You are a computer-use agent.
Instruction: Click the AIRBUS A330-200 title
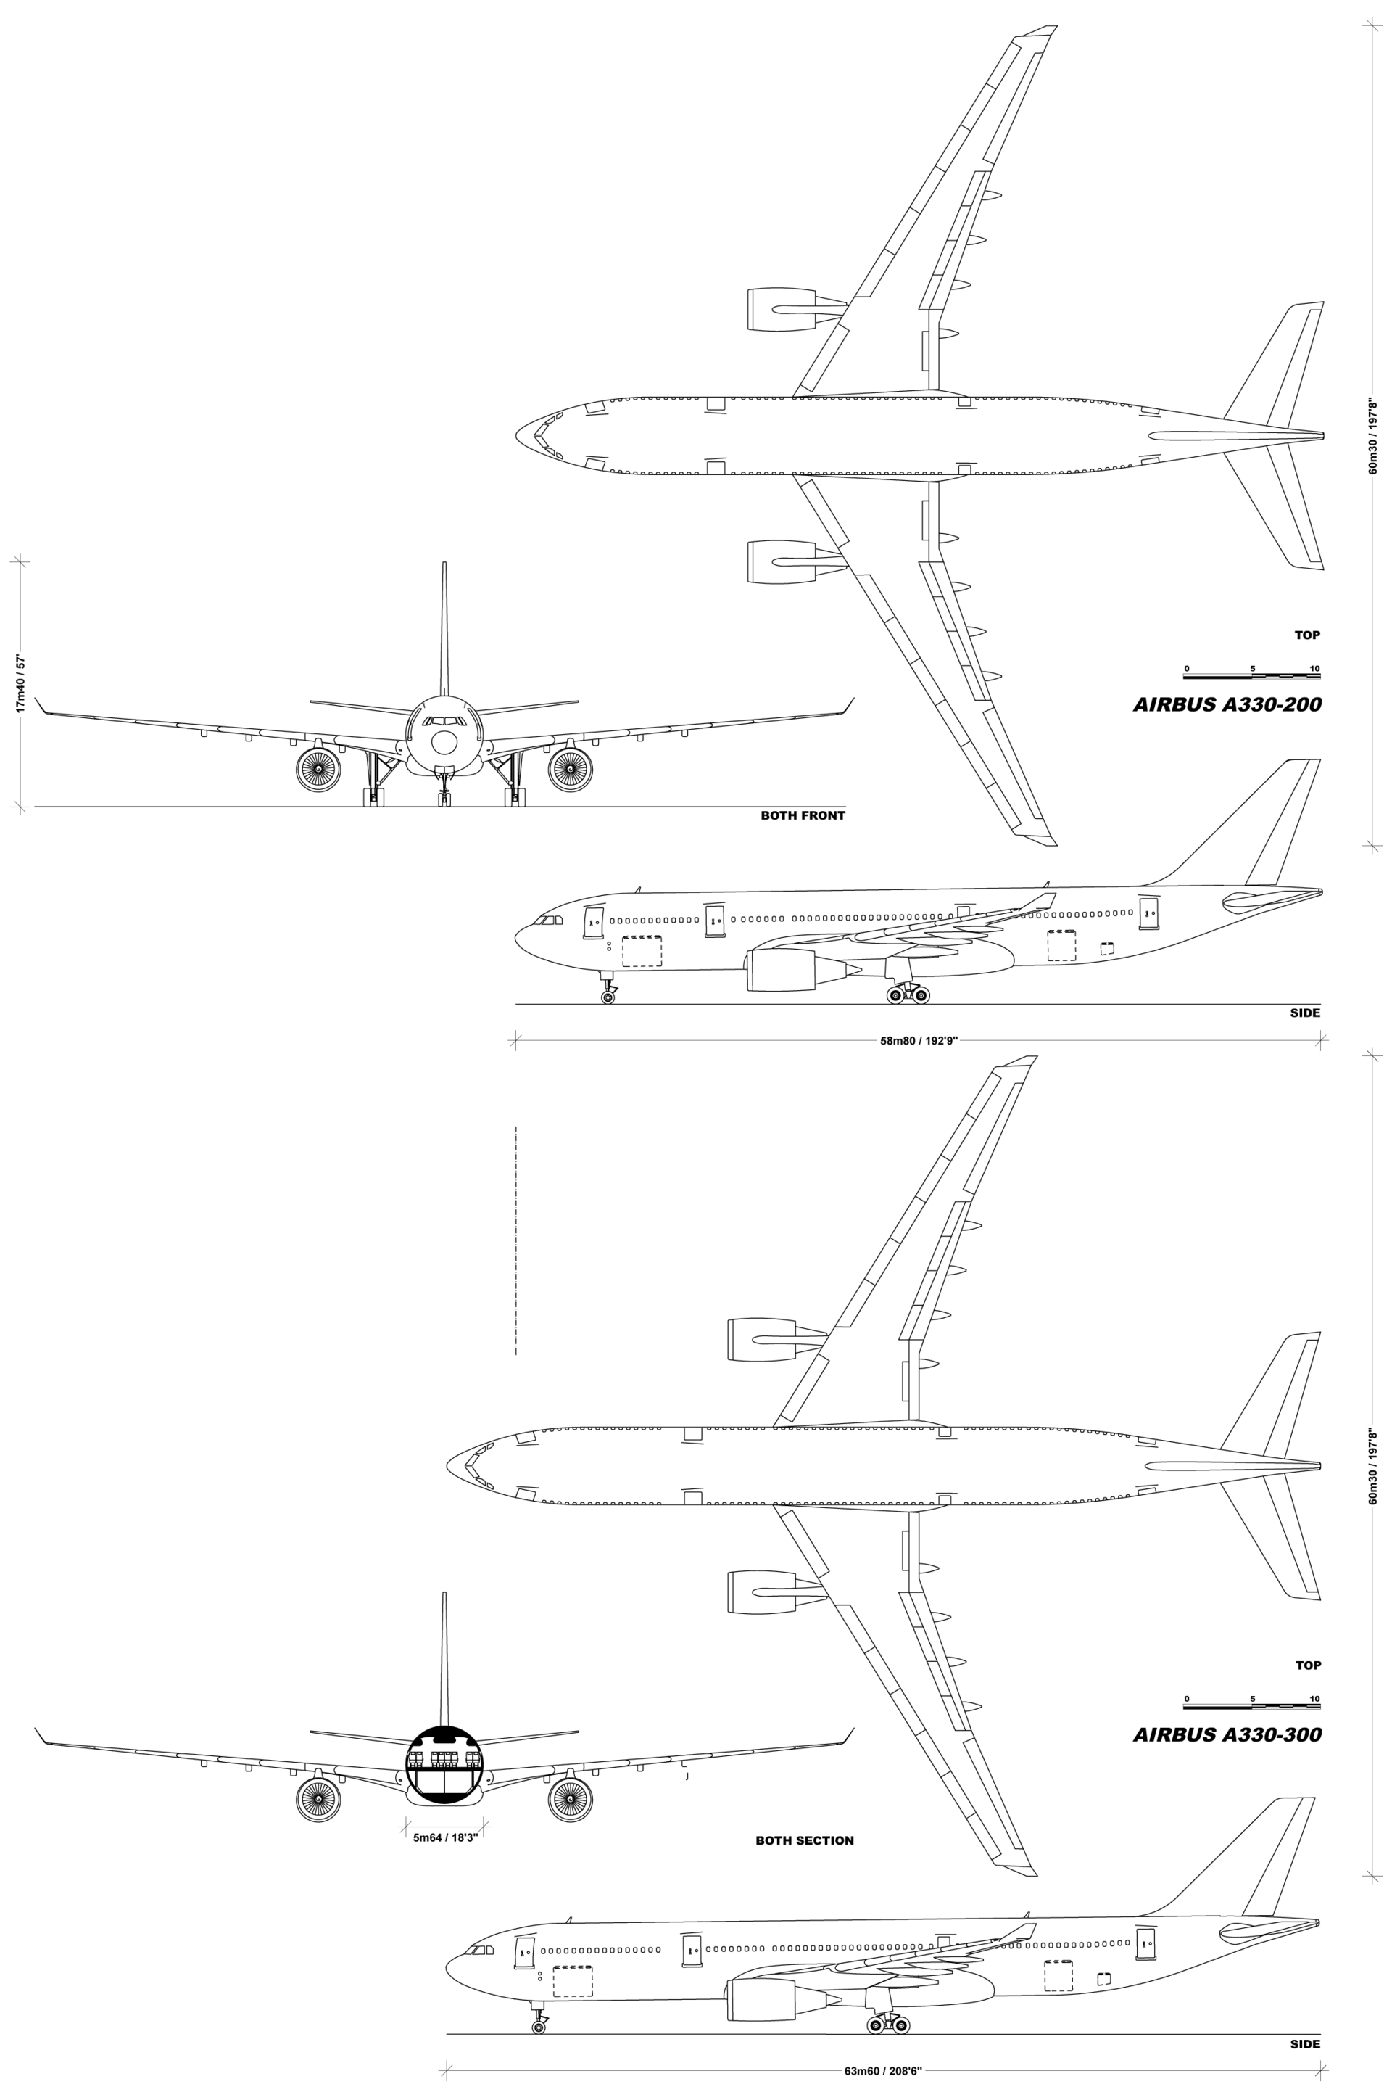coord(1227,704)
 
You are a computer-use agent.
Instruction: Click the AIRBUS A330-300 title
coord(1227,1734)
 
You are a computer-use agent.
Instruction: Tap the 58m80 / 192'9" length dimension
coord(919,1041)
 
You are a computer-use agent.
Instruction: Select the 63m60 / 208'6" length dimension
coord(883,2071)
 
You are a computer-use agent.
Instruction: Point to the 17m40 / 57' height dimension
coord(20,685)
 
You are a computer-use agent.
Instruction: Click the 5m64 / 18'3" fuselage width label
coord(446,1838)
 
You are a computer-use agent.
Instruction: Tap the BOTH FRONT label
coord(803,815)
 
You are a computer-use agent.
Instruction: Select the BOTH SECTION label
coord(804,1841)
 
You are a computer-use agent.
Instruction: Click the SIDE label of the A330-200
coord(1305,1013)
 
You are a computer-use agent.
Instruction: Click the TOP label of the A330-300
coord(1308,1665)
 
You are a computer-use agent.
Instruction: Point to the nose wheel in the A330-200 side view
coord(608,998)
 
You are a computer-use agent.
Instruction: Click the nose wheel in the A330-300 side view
coord(538,2027)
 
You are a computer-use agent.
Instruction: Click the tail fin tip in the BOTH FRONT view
coord(444,563)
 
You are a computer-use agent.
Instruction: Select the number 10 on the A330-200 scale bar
coord(1314,669)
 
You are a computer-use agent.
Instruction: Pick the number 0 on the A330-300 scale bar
coord(1187,1699)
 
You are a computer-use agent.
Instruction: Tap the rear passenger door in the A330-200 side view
coord(1148,914)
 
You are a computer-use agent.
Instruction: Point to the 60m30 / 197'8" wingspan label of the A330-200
coord(1372,436)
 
